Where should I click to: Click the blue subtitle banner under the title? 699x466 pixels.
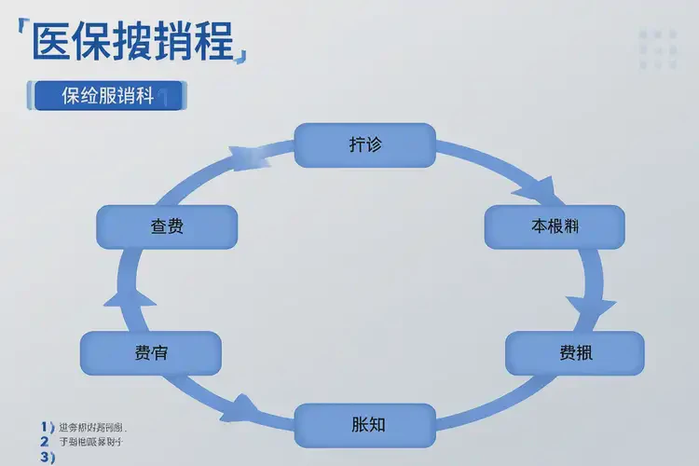(x=109, y=96)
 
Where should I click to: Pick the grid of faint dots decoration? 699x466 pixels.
(x=658, y=47)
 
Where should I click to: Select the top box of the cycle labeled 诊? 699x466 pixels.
(x=364, y=145)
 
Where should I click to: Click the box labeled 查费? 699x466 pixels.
(x=167, y=226)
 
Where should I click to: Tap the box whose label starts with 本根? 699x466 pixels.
(x=555, y=226)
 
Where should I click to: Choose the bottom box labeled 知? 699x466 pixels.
(x=364, y=425)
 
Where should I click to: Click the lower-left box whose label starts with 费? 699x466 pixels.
(x=151, y=353)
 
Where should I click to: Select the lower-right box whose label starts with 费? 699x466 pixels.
(x=574, y=353)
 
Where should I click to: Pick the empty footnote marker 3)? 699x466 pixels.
(x=47, y=457)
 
